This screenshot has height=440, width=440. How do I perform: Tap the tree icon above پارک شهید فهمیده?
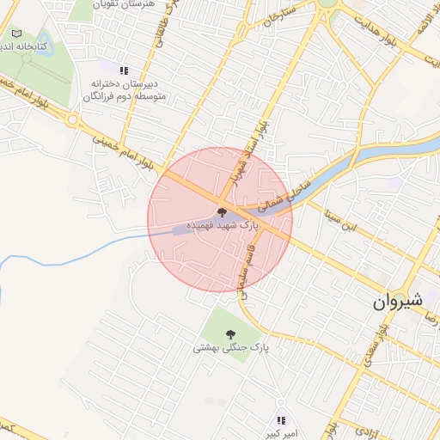pyautogui.click(x=221, y=211)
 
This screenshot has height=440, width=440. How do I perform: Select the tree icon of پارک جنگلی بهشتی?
pyautogui.click(x=229, y=333)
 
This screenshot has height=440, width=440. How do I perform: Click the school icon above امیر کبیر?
pyautogui.click(x=281, y=420)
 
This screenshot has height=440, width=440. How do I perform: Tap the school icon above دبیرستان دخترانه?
pyautogui.click(x=124, y=70)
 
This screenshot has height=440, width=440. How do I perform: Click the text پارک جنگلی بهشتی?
pyautogui.click(x=230, y=348)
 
